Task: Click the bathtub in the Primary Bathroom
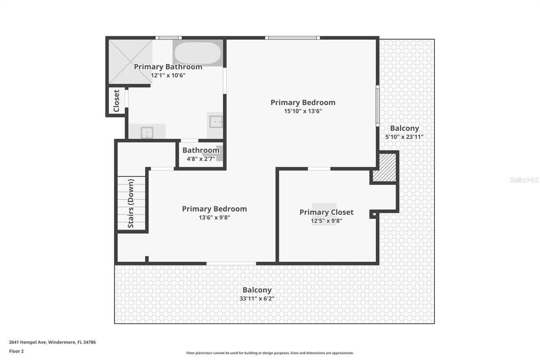(197, 53)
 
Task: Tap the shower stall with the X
(130, 61)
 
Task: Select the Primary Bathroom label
(168, 67)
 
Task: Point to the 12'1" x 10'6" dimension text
(168, 76)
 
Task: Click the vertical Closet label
(116, 101)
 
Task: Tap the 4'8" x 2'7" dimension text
(201, 159)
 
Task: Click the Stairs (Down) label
(131, 203)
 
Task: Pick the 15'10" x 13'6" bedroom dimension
(303, 111)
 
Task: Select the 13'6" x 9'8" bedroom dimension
(214, 218)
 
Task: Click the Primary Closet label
(326, 212)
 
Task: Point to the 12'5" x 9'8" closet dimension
(326, 221)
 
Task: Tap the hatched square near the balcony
(387, 167)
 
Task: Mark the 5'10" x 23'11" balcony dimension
(404, 137)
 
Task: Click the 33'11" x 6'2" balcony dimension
(256, 299)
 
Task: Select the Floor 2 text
(16, 351)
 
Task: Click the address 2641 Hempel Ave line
(52, 342)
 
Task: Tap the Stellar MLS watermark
(524, 180)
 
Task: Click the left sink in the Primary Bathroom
(146, 133)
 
